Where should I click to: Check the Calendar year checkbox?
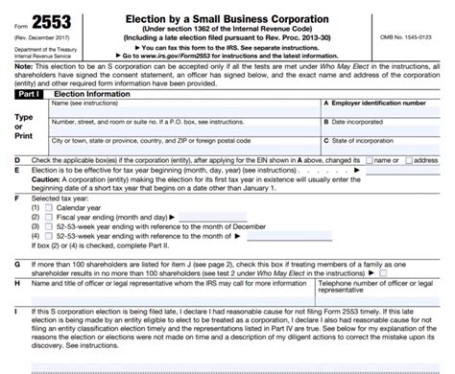tap(36, 206)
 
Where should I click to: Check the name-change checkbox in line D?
tap(372, 159)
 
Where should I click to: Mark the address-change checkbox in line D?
tap(411, 159)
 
